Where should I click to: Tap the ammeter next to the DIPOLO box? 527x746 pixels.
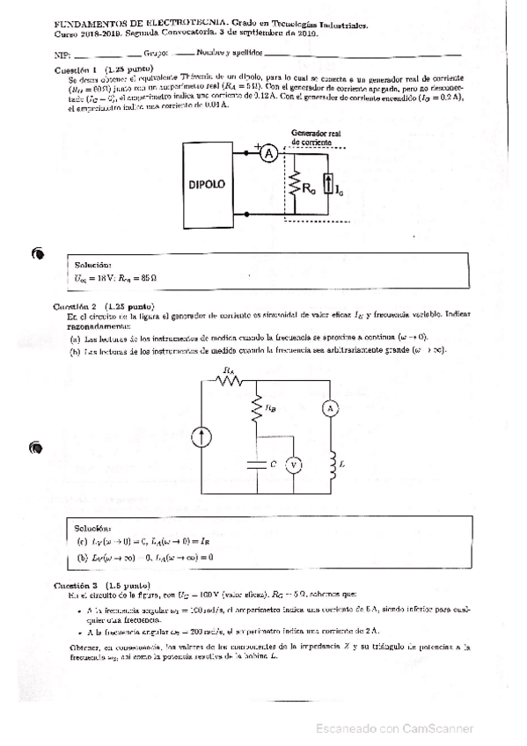[272, 152]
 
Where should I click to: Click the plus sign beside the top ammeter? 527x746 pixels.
[257, 146]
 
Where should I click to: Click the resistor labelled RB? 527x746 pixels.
[256, 406]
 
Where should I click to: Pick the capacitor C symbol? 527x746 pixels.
[256, 463]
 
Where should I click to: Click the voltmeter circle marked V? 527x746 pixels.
[296, 463]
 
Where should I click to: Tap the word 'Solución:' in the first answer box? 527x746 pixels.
[93, 265]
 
